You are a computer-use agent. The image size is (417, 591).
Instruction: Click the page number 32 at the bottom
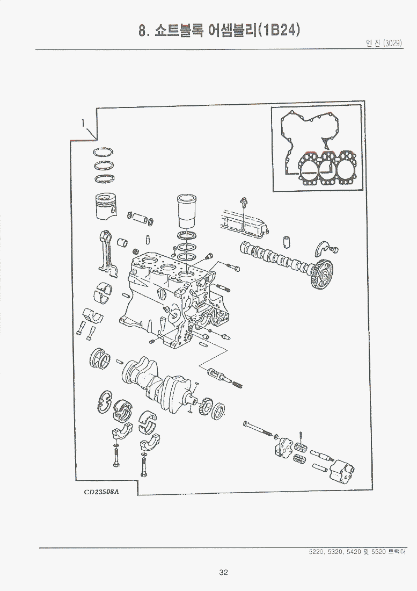click(x=224, y=572)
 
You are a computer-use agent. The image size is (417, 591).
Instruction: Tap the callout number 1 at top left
click(x=83, y=123)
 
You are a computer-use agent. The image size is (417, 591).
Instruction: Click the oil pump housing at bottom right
click(x=343, y=472)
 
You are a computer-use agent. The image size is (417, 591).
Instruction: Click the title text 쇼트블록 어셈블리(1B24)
click(x=225, y=30)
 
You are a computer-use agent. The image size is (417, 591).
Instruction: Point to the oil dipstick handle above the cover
click(x=244, y=201)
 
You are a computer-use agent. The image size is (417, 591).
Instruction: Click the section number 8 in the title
click(x=143, y=31)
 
